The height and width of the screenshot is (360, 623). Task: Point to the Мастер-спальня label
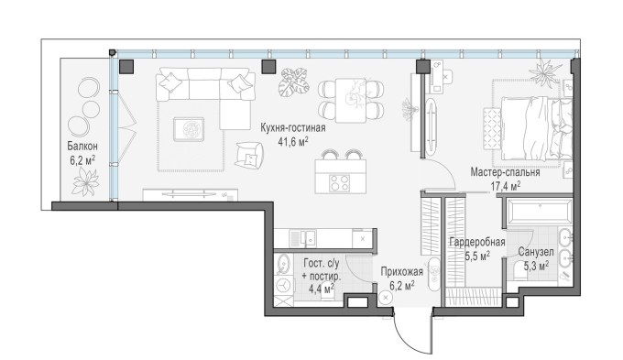click(505, 171)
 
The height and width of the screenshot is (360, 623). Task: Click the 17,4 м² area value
click(505, 185)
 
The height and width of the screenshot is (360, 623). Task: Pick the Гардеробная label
click(477, 243)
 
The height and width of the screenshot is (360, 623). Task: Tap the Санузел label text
click(534, 253)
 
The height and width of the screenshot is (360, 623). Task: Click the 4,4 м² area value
click(319, 287)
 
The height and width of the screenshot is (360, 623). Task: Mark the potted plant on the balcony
click(86, 182)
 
